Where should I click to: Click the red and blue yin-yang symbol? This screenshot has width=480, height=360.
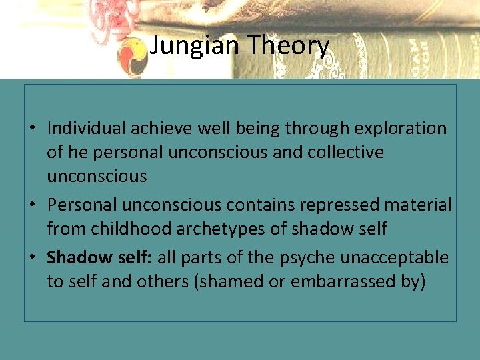coord(133,57)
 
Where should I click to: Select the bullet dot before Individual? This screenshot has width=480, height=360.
coord(39,129)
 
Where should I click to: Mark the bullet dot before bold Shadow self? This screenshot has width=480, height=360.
coord(39,258)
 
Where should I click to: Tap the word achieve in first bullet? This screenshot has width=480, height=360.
coord(155,128)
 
